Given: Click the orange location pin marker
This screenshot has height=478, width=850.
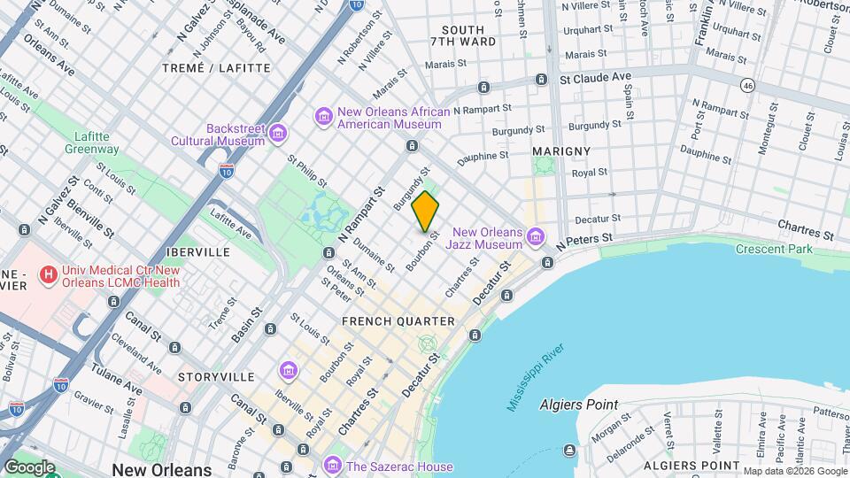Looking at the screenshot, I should click(x=426, y=212).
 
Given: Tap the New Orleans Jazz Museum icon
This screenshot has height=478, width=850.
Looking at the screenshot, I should click(x=534, y=237).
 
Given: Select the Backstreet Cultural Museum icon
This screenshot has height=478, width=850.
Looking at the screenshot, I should click(x=278, y=134).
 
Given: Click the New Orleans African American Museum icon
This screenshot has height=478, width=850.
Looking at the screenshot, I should click(x=324, y=117).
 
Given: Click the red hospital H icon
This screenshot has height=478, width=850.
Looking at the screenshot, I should click(x=48, y=275).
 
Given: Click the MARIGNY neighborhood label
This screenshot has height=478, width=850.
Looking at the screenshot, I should click(x=561, y=151).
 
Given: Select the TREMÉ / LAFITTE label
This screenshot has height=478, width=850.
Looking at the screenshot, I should click(x=217, y=67).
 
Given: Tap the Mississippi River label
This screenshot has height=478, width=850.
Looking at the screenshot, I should click(x=536, y=379).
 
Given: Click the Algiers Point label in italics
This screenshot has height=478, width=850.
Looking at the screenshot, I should click(x=579, y=405).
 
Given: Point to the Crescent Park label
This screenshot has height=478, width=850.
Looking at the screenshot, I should click(x=774, y=249).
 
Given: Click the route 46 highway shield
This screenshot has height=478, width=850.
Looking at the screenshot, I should click(x=749, y=85).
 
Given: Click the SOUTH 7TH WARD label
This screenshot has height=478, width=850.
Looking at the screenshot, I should click(x=463, y=36).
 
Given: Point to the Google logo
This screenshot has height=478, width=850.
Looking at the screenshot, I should click(x=29, y=466).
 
